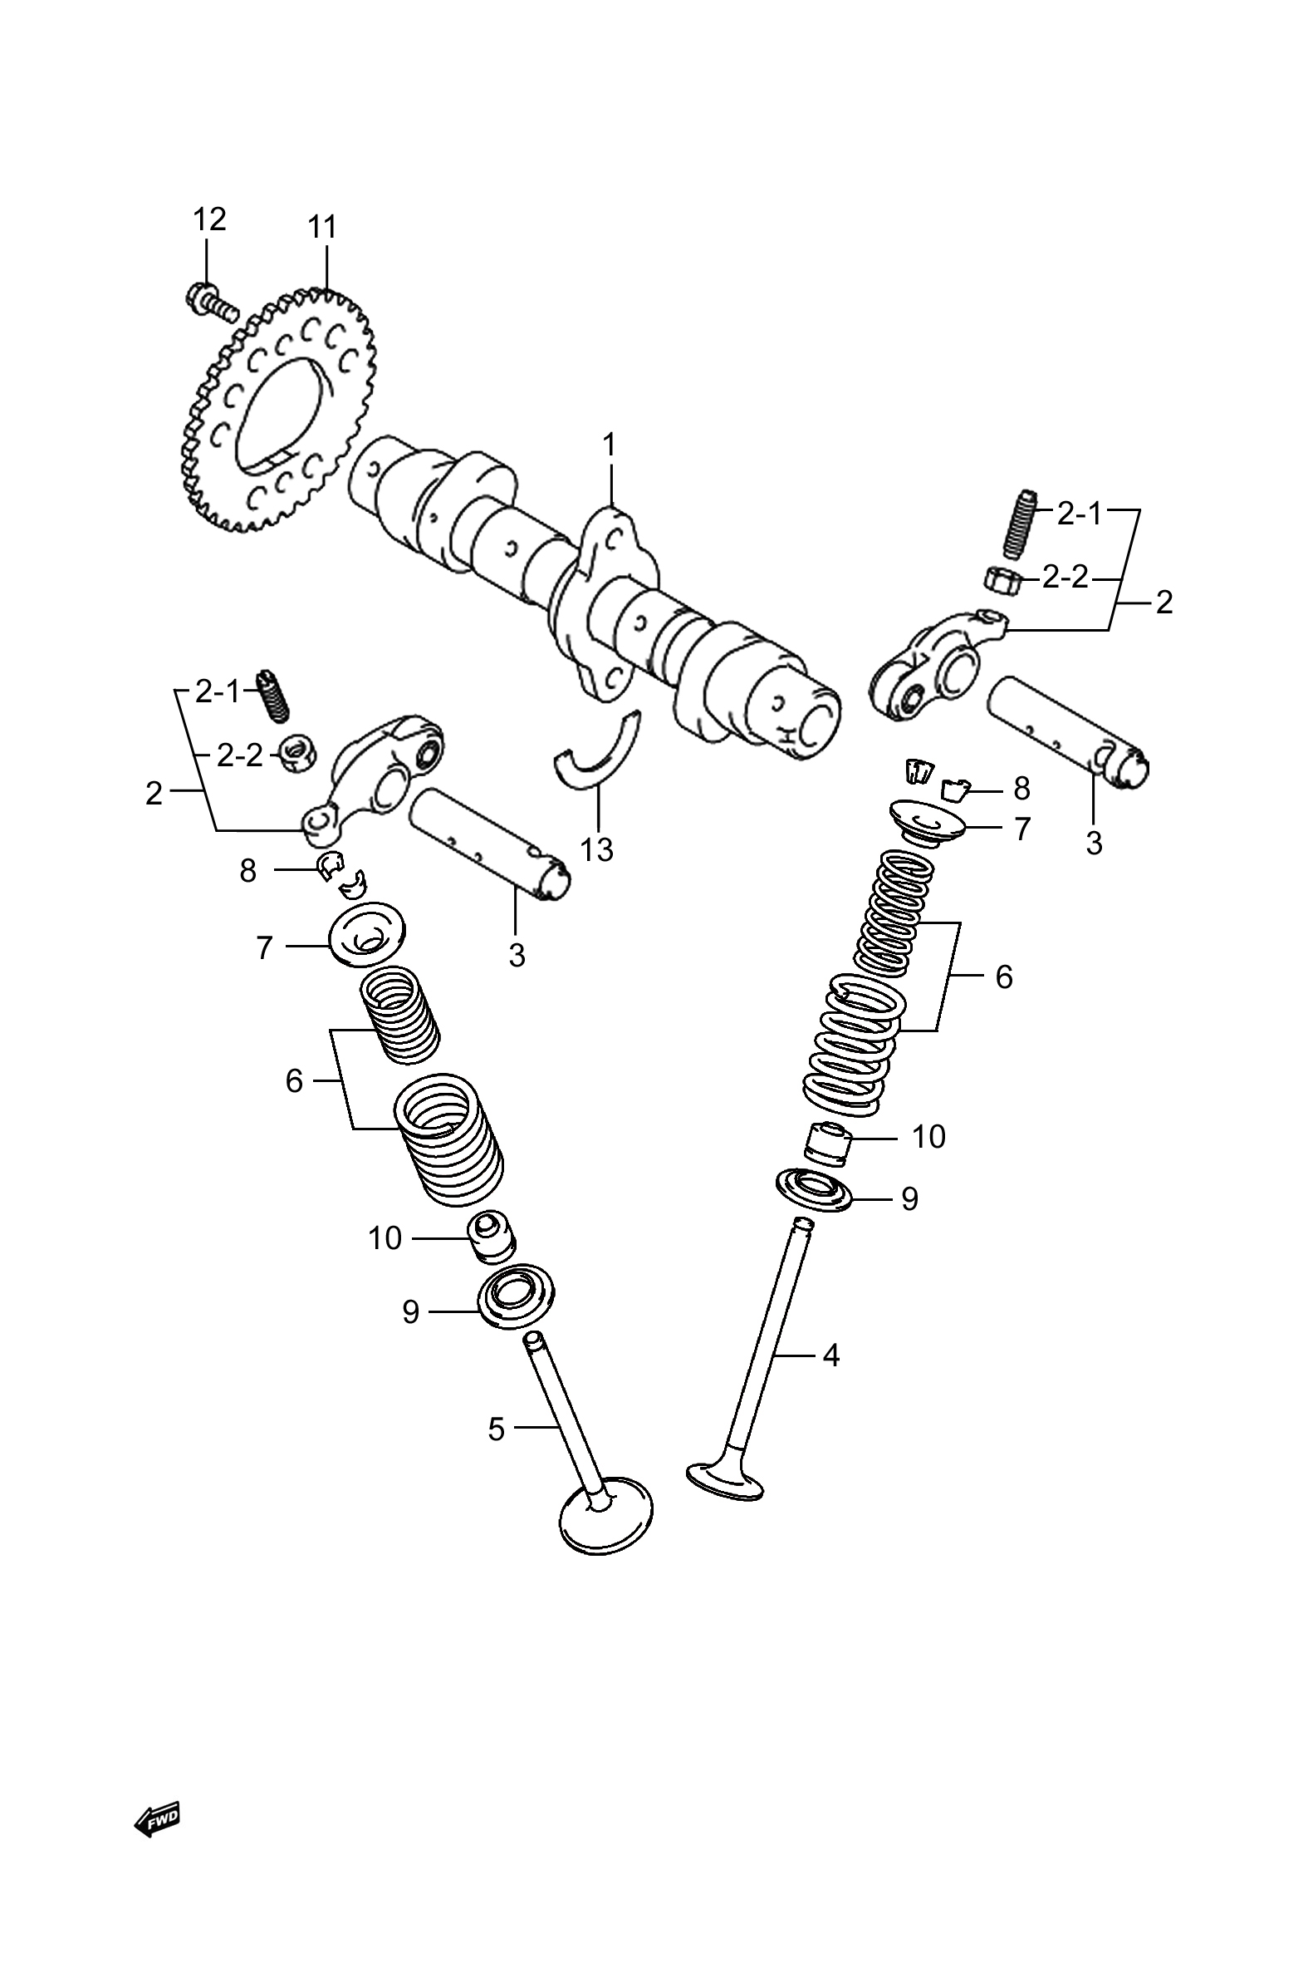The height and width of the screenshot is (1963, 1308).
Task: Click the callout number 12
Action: pyautogui.click(x=209, y=219)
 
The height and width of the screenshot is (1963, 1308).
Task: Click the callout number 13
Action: pyautogui.click(x=597, y=849)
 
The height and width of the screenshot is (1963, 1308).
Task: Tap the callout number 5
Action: pyautogui.click(x=497, y=1429)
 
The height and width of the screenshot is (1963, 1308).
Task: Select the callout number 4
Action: pyautogui.click(x=830, y=1356)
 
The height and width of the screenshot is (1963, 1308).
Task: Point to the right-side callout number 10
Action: pyautogui.click(x=929, y=1137)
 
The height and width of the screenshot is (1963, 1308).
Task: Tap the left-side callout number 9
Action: pyautogui.click(x=410, y=1313)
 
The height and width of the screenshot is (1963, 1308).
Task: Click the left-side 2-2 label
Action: pyautogui.click(x=239, y=755)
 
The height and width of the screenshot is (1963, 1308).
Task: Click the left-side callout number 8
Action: pyautogui.click(x=247, y=871)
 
